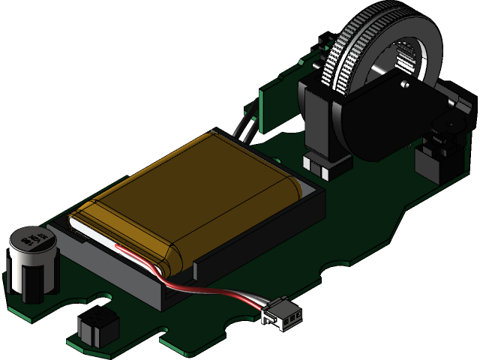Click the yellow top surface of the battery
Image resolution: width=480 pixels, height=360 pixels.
point(195,187)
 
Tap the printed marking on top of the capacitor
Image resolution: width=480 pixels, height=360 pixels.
point(33,241)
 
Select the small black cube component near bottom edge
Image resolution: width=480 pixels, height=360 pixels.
point(98,327)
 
